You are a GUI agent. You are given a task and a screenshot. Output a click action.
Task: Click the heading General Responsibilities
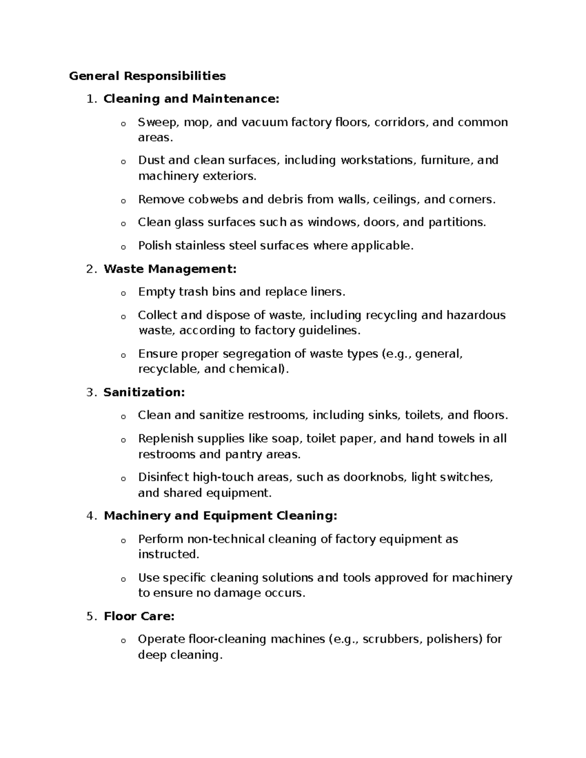(147, 76)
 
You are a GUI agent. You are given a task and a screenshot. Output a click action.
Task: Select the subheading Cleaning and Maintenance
(191, 99)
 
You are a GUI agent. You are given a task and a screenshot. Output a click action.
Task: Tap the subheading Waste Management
(170, 269)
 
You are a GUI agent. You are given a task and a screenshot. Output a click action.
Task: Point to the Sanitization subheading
(144, 392)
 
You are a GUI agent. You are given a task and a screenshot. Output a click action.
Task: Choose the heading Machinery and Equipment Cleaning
(220, 516)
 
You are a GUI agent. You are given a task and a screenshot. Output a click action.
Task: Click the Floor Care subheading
(139, 616)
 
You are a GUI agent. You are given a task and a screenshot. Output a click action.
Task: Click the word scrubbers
(392, 639)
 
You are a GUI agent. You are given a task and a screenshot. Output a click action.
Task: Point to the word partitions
(457, 223)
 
